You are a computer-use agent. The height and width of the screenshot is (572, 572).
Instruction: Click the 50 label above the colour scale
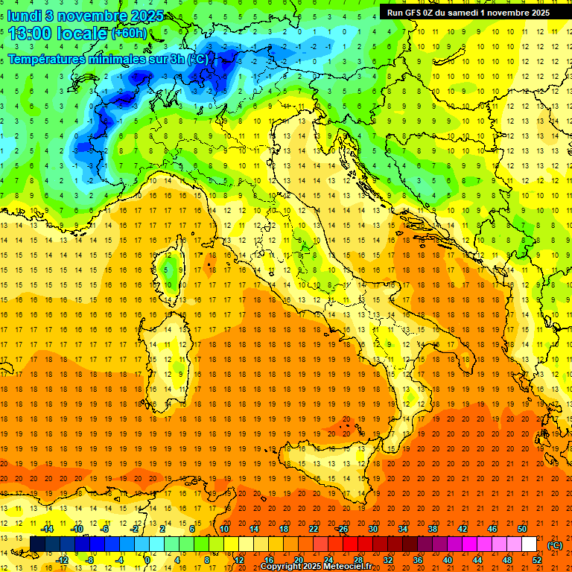coord(522,529)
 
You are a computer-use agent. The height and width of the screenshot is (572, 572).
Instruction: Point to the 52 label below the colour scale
coord(537,559)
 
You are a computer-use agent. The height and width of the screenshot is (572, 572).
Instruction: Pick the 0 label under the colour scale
coord(147,559)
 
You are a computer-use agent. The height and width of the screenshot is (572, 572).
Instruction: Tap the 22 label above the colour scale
coord(314,529)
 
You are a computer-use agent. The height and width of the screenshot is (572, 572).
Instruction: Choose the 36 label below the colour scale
coord(418,559)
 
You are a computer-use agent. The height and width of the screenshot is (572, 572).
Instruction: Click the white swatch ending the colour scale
coord(529,544)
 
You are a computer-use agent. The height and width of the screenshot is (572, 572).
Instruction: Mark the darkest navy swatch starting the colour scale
coord(37,544)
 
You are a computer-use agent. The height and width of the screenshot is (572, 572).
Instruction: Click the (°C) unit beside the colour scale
coord(555,544)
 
